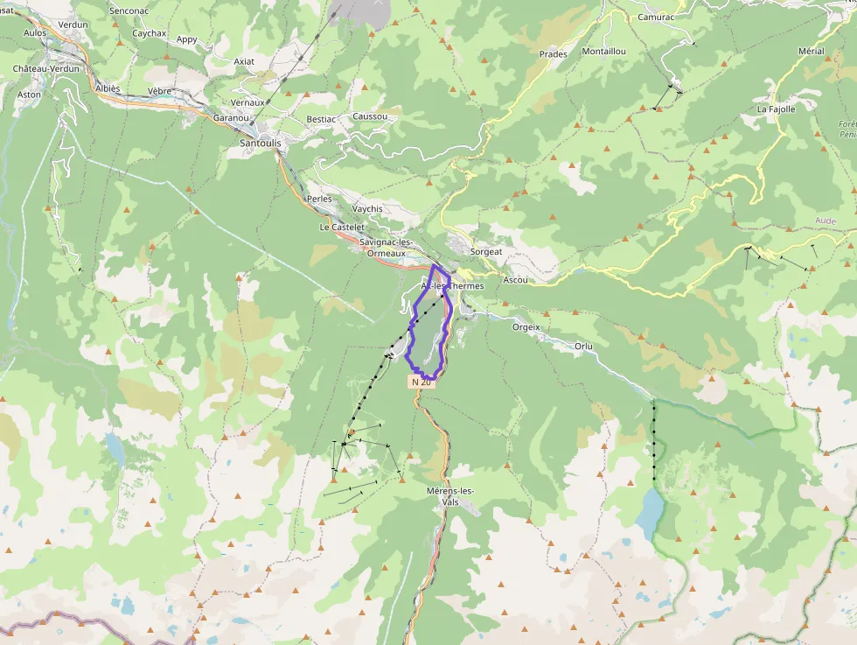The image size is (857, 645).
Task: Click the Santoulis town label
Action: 261,143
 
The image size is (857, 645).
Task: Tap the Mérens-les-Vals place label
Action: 449,496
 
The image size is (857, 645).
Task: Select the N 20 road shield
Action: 421,382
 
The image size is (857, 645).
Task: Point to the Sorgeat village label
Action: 486,251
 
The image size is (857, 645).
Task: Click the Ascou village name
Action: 516,280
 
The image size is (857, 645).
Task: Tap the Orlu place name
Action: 583,347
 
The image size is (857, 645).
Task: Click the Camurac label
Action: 656,17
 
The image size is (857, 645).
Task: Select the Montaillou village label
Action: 603,52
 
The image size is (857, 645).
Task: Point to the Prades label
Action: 553,54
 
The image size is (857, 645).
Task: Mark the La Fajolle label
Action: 776,109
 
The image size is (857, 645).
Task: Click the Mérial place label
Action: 811,52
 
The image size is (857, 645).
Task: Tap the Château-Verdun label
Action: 46,68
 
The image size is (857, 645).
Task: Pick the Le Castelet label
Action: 341,227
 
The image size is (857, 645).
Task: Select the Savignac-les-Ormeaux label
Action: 386,247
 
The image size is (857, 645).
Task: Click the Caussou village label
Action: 369,116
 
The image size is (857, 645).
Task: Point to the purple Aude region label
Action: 826,221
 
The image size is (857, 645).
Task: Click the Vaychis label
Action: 367,209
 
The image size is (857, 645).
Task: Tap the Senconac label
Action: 129,11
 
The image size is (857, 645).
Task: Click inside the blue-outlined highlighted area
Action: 428,337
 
